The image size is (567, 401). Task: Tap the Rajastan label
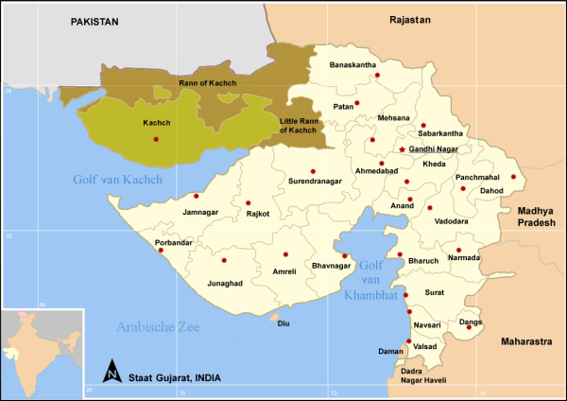click(409, 20)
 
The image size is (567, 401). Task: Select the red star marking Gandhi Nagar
click(402, 149)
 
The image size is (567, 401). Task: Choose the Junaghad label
click(225, 283)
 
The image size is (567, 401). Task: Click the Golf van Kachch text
click(118, 180)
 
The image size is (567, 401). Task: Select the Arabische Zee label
click(158, 327)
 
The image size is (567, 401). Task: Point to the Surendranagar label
click(314, 181)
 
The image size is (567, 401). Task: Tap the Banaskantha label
click(352, 64)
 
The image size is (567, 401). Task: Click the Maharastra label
click(530, 340)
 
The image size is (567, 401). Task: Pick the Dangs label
click(470, 322)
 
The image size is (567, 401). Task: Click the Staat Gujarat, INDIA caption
click(177, 377)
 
